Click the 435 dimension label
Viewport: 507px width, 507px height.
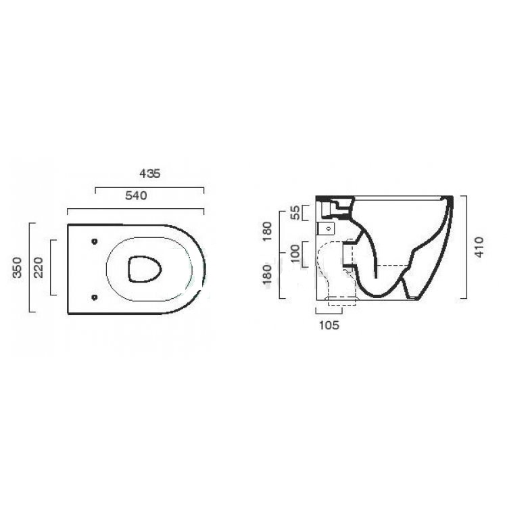pos(149,174)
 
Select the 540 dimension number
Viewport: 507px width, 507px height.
pos(136,195)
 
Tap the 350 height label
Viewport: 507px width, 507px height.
pos(17,268)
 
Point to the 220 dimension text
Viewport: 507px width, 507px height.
pos(39,268)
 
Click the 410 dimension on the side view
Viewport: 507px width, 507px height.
pos(479,247)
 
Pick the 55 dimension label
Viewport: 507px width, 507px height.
pos(295,212)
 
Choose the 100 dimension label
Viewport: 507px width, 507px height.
pos(295,254)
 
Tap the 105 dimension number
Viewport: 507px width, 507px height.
pos(329,325)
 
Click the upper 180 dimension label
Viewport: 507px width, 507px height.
pos(268,231)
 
